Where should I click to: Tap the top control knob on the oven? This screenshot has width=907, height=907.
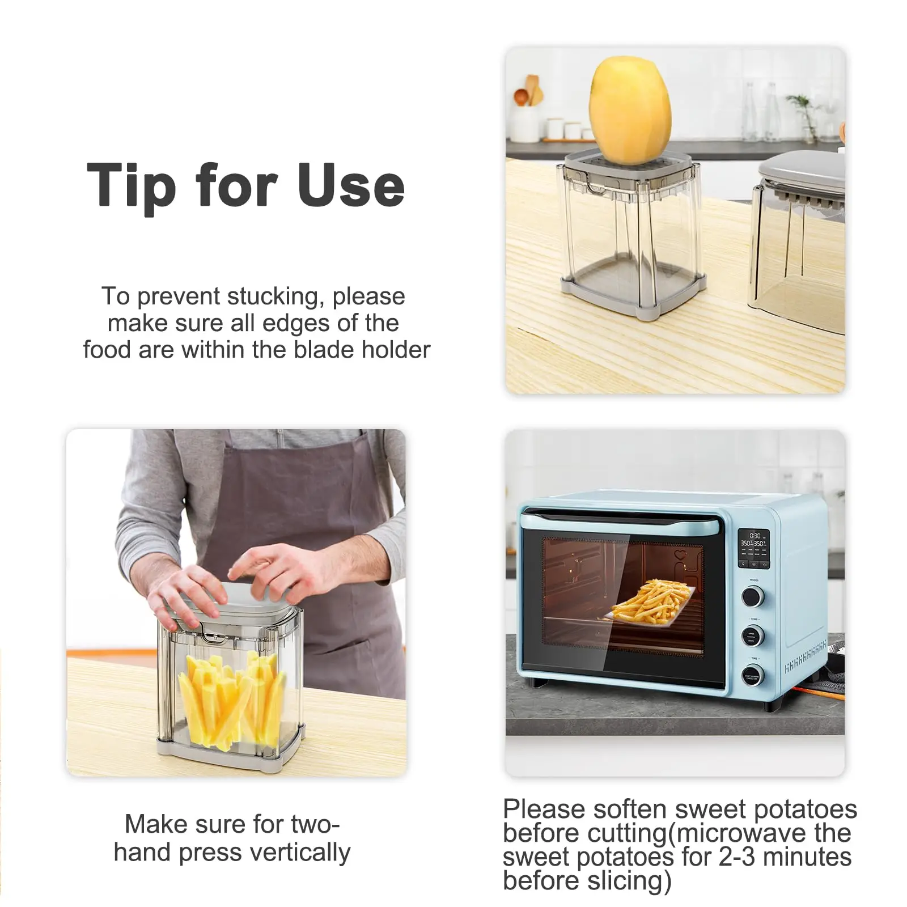pos(752,596)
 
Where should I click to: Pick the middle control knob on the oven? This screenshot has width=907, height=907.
pos(752,636)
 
